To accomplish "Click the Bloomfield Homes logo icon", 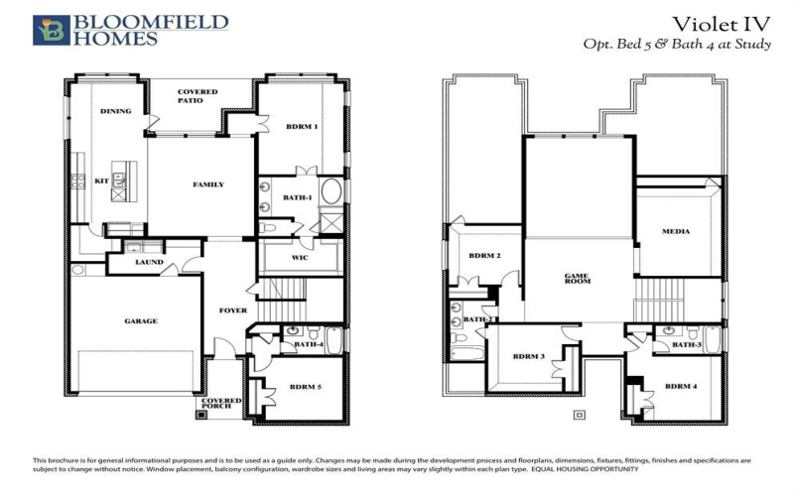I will click(x=51, y=30).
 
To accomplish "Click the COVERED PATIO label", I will click(x=198, y=96).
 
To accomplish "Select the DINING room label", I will click(x=116, y=111).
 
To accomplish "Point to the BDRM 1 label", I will click(x=302, y=126).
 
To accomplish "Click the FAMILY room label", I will click(x=207, y=185).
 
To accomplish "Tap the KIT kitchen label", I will click(x=101, y=182).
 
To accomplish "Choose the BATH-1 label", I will click(x=297, y=198).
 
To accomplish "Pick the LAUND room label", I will click(x=150, y=263).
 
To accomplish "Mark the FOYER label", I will click(x=232, y=310).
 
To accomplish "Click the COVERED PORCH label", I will click(x=223, y=403).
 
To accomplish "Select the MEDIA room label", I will click(x=676, y=232).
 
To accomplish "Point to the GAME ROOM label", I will click(x=578, y=279).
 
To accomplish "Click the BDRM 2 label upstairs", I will click(x=483, y=256).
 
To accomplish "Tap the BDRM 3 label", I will click(x=529, y=356).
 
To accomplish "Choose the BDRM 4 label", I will click(x=682, y=386).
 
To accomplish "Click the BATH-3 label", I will click(x=687, y=344).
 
